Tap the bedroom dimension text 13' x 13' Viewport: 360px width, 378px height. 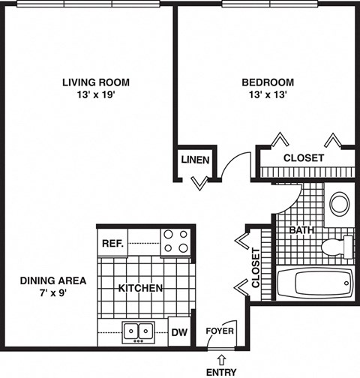coord(268,95)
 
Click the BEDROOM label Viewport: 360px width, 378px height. coord(268,82)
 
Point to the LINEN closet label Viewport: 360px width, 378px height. coord(195,160)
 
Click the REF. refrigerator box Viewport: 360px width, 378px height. coord(112,243)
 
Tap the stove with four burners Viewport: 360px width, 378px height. coord(177,241)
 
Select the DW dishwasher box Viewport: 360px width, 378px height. coord(179,331)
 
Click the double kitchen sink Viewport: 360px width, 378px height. coord(139,331)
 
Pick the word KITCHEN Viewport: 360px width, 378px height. coord(141,288)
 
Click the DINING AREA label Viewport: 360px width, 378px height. coord(52,280)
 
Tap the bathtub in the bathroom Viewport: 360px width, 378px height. coord(315,283)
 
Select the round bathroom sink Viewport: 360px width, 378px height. coord(340,202)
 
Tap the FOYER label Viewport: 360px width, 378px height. coord(220,331)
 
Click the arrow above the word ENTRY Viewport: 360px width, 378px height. coord(220,361)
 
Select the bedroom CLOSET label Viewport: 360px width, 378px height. coord(303,158)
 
